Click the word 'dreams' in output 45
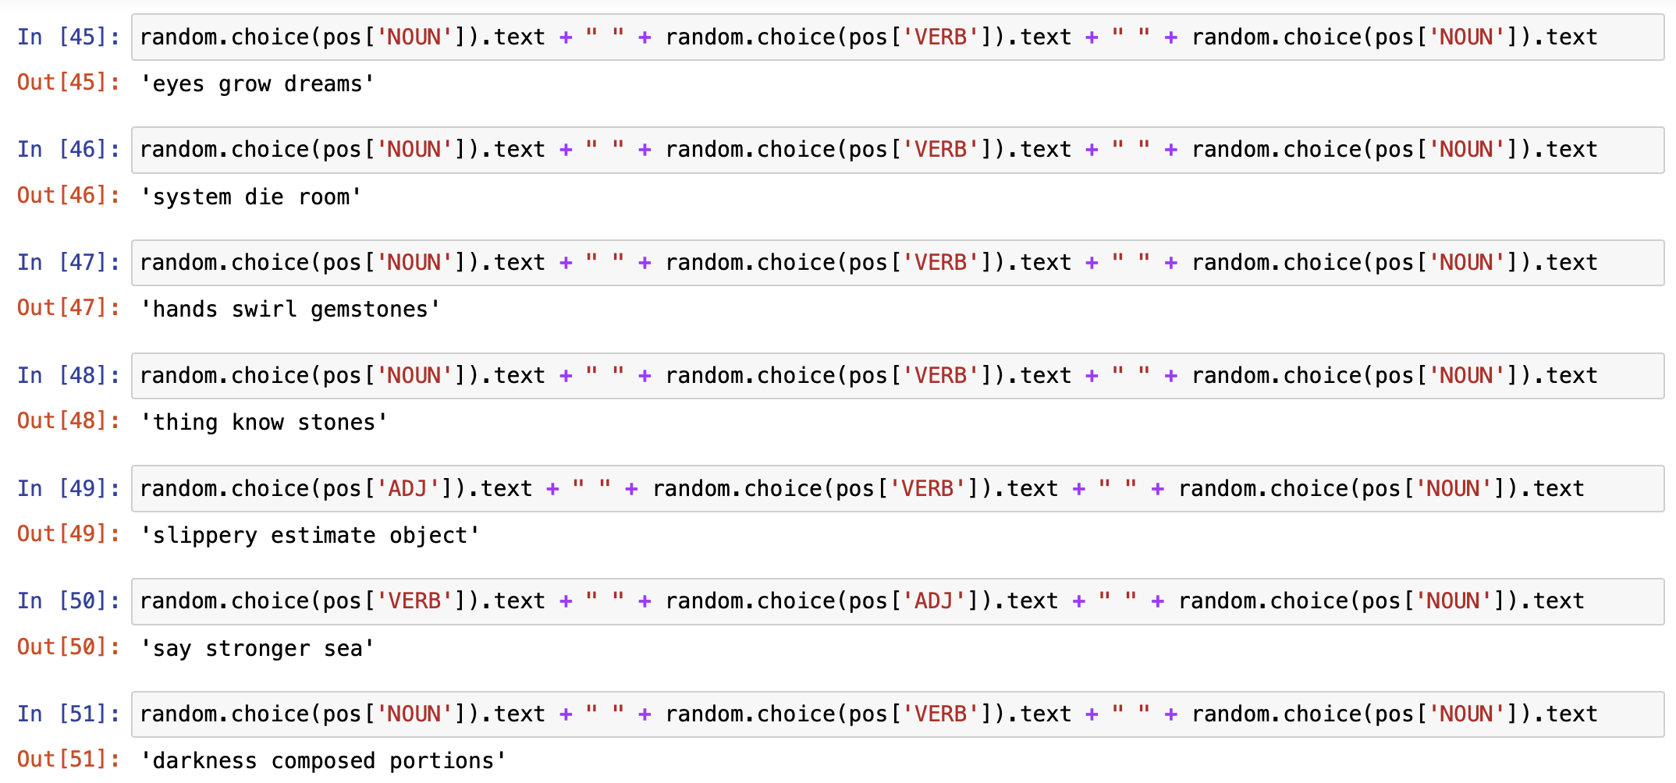coord(323,84)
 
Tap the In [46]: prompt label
coord(69,149)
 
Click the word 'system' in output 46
coord(192,197)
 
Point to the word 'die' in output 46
coord(264,197)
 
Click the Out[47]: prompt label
coord(69,308)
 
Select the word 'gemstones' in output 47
coord(369,310)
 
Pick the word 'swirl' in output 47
coord(264,310)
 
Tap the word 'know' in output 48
coord(257,423)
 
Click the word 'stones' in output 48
coord(336,423)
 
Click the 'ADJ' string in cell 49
coord(408,488)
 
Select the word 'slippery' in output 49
coord(204,537)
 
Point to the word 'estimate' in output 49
coord(323,536)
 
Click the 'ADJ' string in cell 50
coord(934,601)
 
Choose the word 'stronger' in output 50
coord(257,649)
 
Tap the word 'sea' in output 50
coord(343,649)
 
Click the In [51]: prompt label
coord(69,714)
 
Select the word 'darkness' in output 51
coord(204,761)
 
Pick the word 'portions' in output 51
coord(442,762)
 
